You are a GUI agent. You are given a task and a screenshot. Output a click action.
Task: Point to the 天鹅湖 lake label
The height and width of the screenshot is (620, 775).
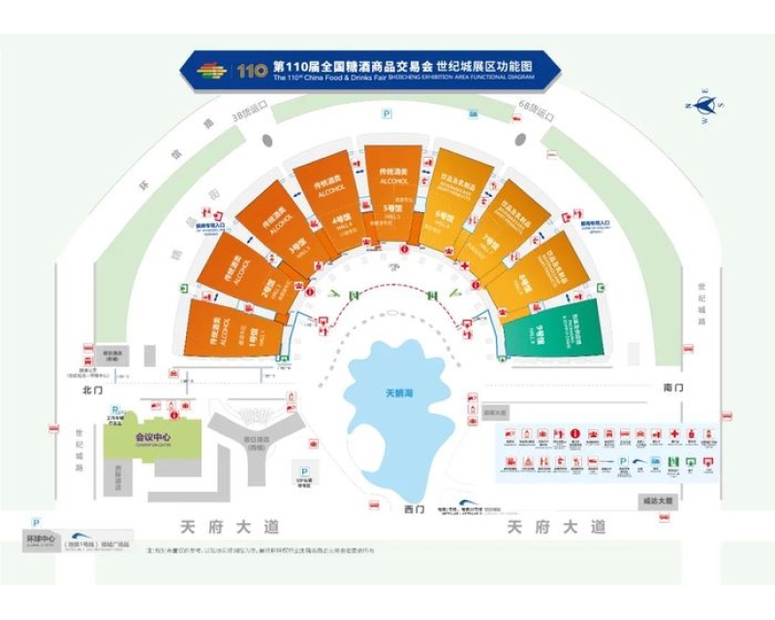coord(392,395)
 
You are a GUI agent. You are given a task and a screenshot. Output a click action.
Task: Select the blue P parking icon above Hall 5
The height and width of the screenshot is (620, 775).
coord(387,113)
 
